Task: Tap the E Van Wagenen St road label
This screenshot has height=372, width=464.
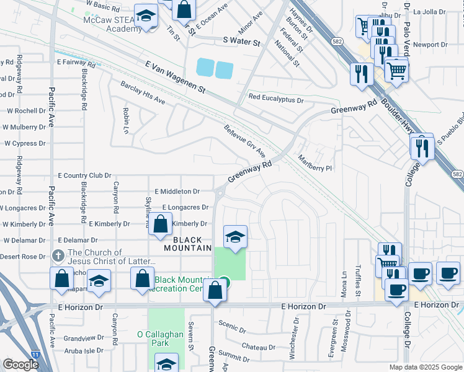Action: pos(175,77)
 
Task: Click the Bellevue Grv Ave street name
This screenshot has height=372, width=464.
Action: pos(244,140)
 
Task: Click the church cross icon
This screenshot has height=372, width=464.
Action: pos(58,255)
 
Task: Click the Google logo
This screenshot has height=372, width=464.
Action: pos(20,365)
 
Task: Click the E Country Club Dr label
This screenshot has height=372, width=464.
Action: pos(84,175)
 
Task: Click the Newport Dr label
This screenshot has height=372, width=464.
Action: pos(430,45)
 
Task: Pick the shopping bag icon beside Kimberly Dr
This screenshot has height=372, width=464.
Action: pos(160,226)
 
